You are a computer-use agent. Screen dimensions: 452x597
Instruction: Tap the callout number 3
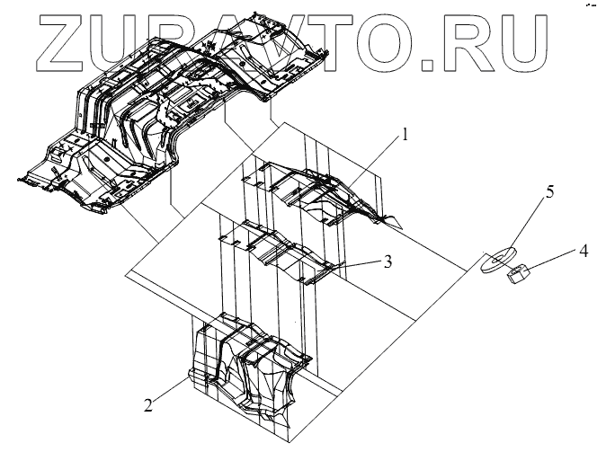click(387, 261)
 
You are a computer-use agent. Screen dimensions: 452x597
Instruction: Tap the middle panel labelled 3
click(279, 252)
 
